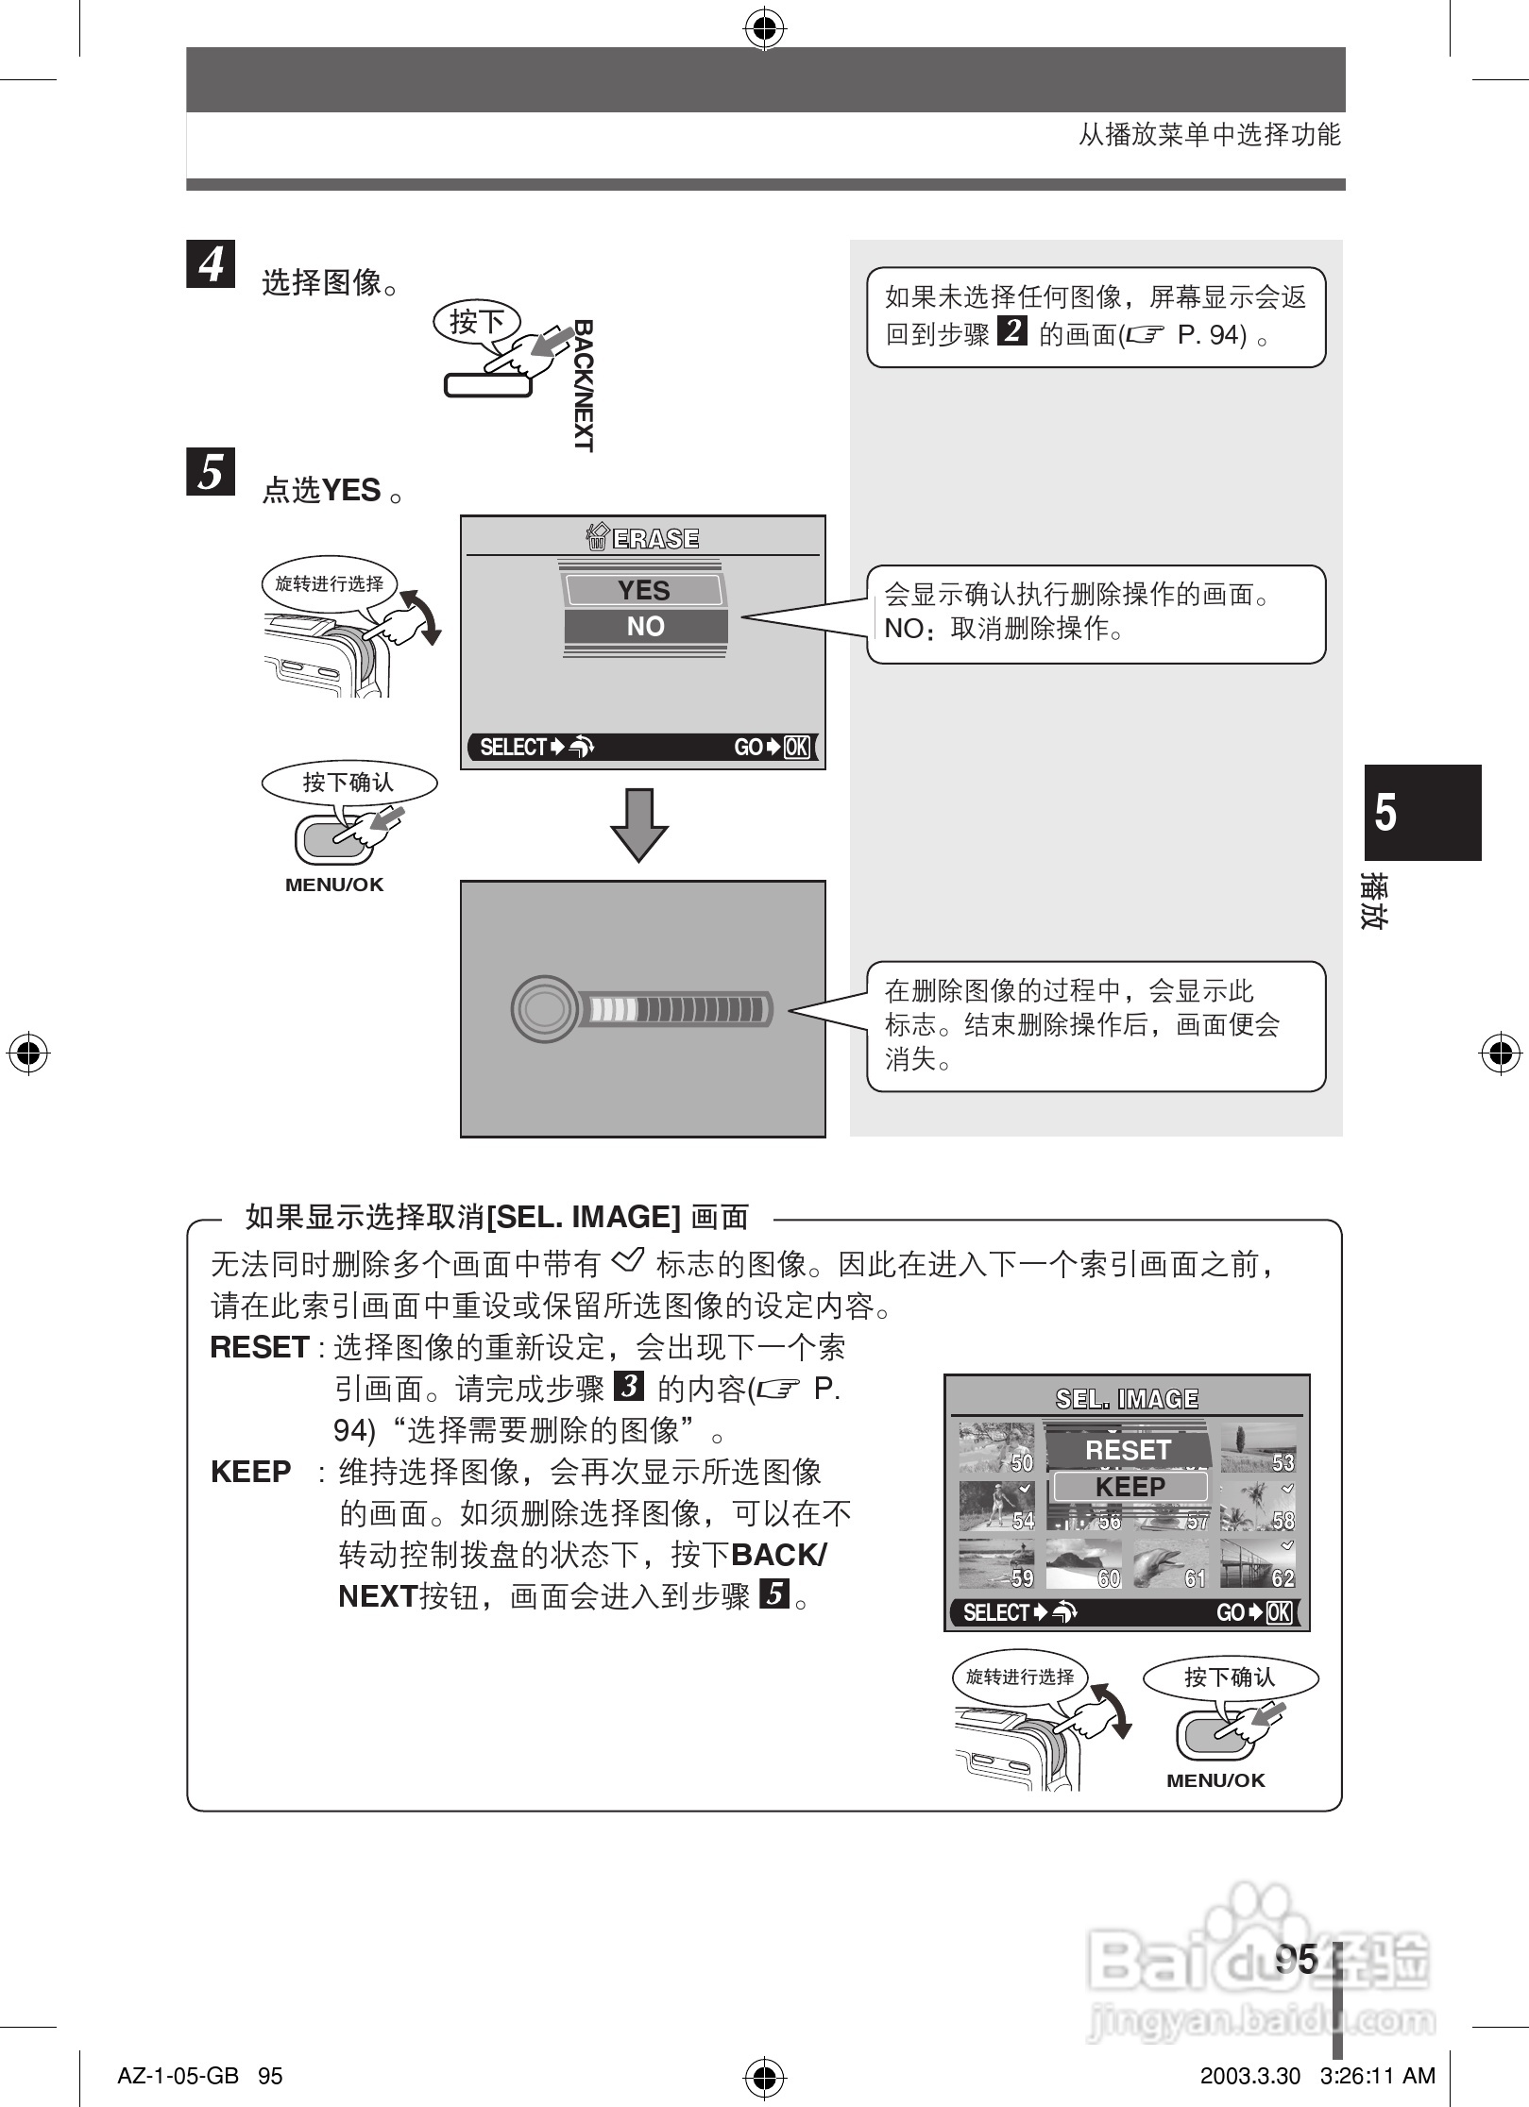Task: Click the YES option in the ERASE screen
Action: click(x=643, y=590)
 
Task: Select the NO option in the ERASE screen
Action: click(x=645, y=626)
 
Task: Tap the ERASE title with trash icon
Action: click(x=643, y=538)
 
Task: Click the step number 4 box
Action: click(x=211, y=263)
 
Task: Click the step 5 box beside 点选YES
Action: click(x=211, y=471)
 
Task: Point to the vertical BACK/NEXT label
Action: click(x=584, y=385)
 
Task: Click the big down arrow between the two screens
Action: click(x=639, y=824)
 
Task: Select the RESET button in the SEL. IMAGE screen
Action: click(x=1128, y=1450)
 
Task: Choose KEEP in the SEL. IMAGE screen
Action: click(x=1130, y=1487)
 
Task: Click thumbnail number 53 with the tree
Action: click(x=1257, y=1448)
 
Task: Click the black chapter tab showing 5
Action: click(x=1422, y=812)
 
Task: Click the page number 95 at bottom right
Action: click(x=1296, y=1959)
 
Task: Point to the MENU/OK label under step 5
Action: click(x=334, y=885)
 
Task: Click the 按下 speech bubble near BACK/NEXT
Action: click(x=476, y=322)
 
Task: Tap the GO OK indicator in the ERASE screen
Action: click(x=772, y=747)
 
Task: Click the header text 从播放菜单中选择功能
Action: click(x=1209, y=135)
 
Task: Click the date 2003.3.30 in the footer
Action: click(x=1249, y=2076)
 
